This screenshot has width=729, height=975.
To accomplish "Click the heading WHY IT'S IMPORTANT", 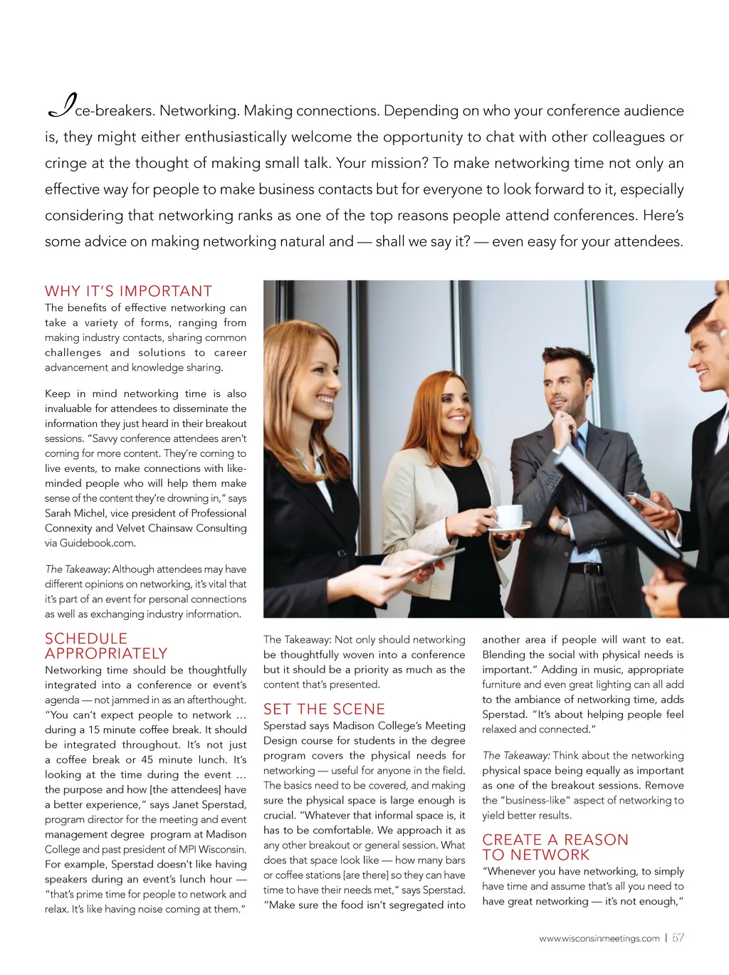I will (x=128, y=291).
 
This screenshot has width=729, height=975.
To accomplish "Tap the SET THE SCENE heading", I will (x=324, y=709).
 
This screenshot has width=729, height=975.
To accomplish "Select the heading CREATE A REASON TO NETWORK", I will (x=555, y=847).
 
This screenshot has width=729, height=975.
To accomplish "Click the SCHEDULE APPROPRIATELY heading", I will (x=106, y=646).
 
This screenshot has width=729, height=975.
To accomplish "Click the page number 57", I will (x=678, y=938).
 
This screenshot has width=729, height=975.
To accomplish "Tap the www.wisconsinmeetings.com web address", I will (x=599, y=939).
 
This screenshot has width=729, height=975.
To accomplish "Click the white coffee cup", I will (x=508, y=515).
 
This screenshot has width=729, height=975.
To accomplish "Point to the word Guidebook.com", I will (x=97, y=543).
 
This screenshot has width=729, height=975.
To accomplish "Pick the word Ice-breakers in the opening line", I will (x=100, y=110).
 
